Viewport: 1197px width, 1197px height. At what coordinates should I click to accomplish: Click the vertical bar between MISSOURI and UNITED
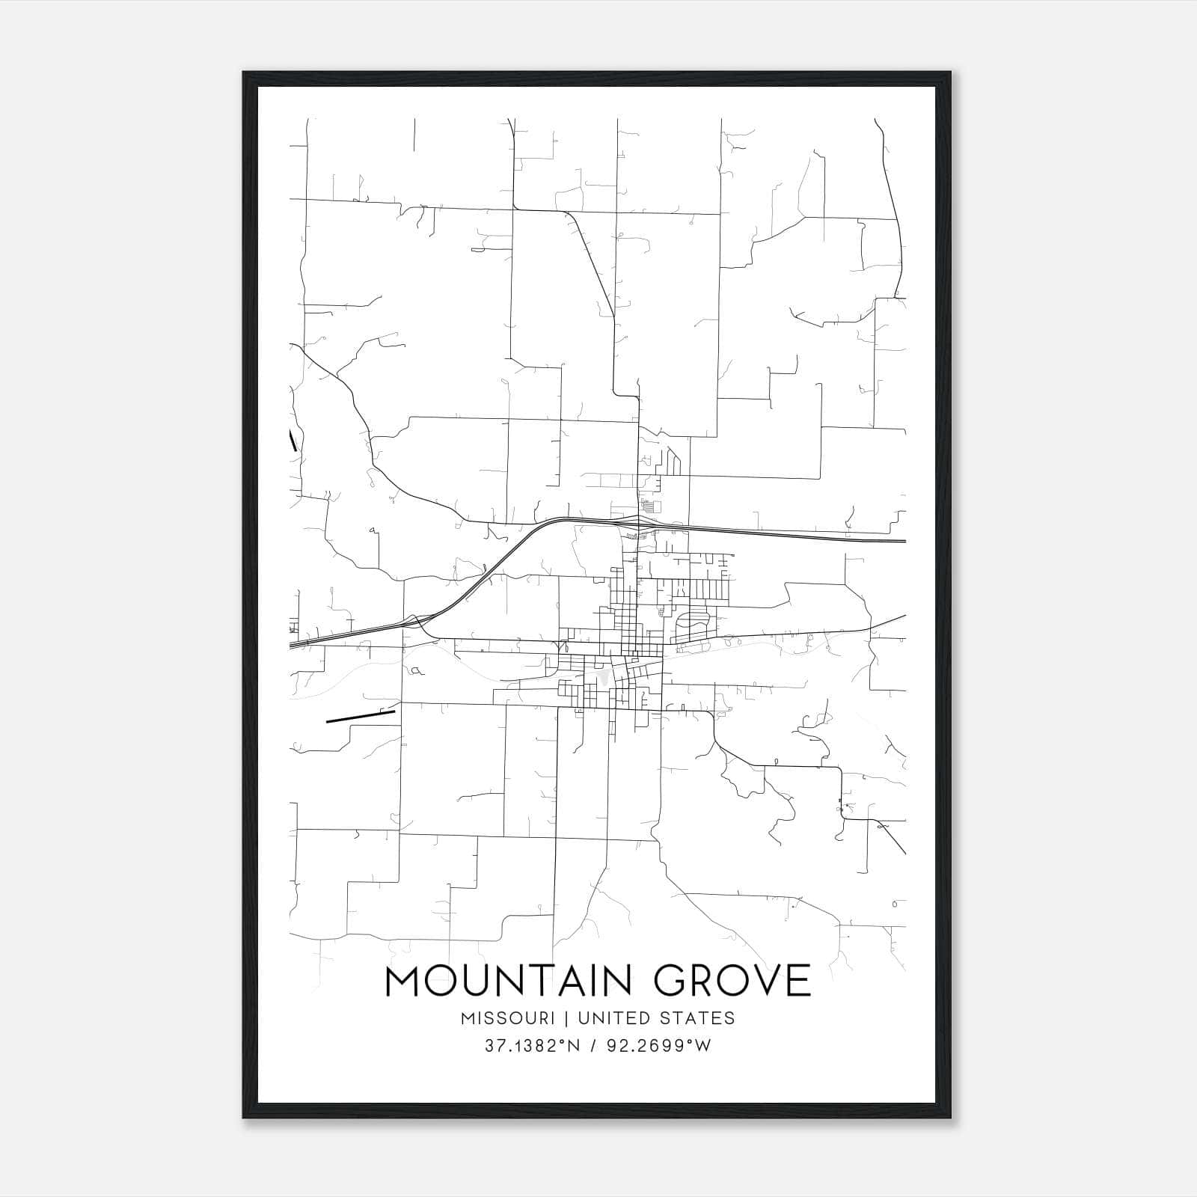[x=566, y=1018]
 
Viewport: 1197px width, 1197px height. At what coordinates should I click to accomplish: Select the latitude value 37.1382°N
[x=531, y=1046]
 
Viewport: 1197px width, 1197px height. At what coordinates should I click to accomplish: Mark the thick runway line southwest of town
[x=360, y=717]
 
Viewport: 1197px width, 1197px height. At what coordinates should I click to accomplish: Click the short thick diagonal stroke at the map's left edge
[x=293, y=441]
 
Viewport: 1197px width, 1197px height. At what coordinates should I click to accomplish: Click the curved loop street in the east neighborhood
[x=694, y=622]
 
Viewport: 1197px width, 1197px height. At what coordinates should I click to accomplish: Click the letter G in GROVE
[x=668, y=981]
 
